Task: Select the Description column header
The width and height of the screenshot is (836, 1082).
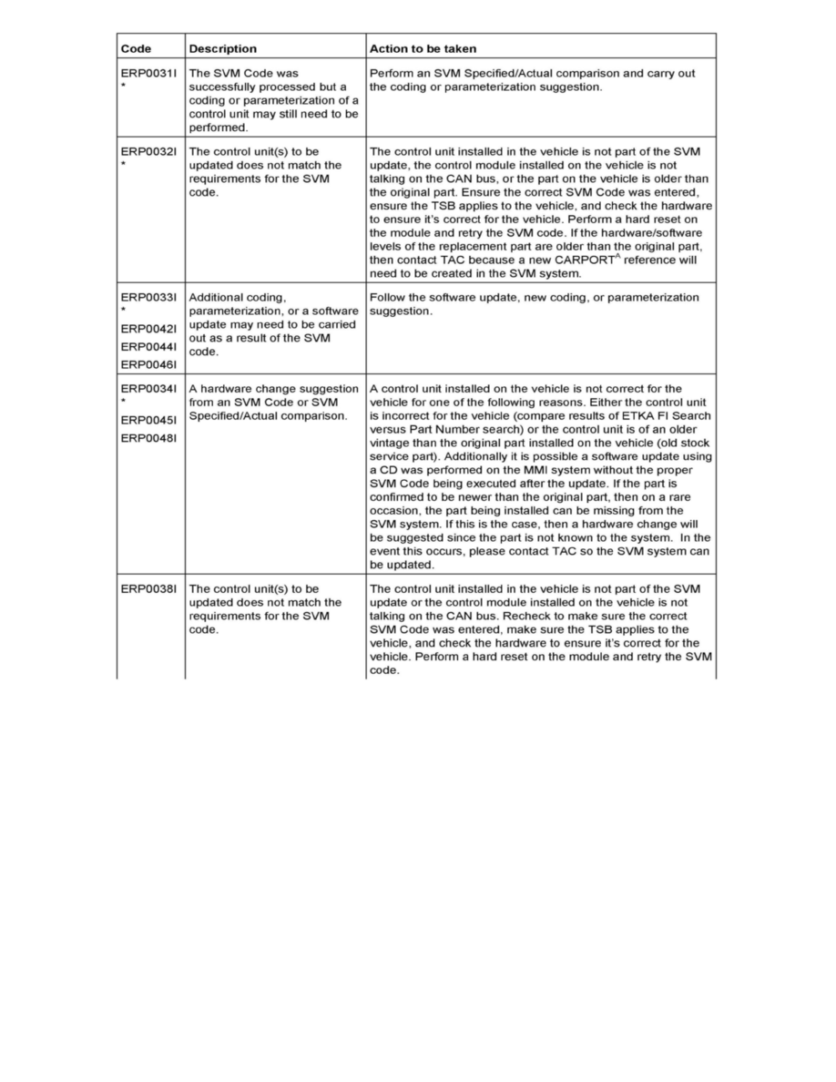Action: click(222, 48)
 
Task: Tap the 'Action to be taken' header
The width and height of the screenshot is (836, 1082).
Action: click(423, 48)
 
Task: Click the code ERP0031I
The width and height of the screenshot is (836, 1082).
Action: click(150, 73)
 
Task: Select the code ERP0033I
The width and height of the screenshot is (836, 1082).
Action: click(150, 297)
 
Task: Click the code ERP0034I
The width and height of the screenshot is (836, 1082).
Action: click(150, 389)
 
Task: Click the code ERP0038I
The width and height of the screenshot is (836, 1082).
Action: click(150, 589)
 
